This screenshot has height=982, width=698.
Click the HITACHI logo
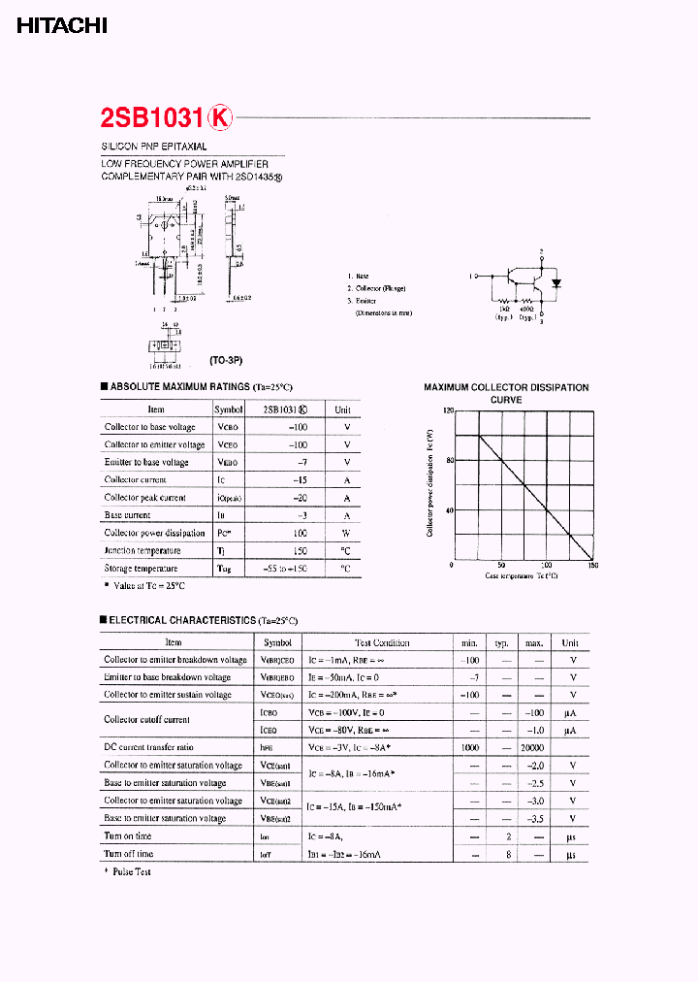pos(61,28)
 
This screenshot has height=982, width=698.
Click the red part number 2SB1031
pos(152,117)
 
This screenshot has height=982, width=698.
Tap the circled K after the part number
pos(222,117)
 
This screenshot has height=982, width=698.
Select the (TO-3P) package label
pos(225,360)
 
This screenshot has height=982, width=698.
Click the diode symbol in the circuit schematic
pos(556,283)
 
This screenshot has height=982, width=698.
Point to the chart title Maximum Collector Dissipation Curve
pos(506,393)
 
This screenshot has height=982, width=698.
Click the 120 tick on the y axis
pos(448,410)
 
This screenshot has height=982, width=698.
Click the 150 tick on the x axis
pos(593,565)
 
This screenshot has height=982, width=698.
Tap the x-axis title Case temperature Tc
pos(522,575)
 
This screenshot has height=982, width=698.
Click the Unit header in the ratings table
pos(342,409)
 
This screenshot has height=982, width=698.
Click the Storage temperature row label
pos(142,569)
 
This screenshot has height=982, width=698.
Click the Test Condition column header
pos(382,642)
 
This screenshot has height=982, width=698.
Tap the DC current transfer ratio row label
pos(148,747)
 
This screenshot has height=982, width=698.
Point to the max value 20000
pos(533,748)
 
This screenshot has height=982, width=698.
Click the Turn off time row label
pos(129,854)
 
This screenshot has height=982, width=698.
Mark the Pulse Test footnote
pos(131,872)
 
